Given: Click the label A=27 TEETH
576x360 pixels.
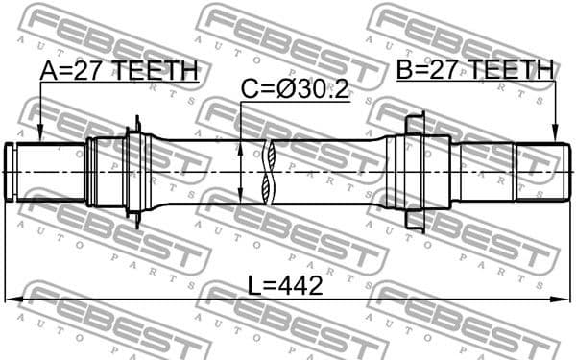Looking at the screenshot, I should point(119,70).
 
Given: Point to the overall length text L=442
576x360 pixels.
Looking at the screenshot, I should point(285,285).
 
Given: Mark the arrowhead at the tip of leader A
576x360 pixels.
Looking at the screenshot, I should point(40,136).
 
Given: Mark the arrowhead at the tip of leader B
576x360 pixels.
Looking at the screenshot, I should point(555,136).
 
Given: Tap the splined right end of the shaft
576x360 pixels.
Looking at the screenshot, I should point(538,171).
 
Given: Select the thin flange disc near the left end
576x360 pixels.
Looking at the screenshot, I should point(135,172).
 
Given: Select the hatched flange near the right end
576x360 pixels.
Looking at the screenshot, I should point(413,171).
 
